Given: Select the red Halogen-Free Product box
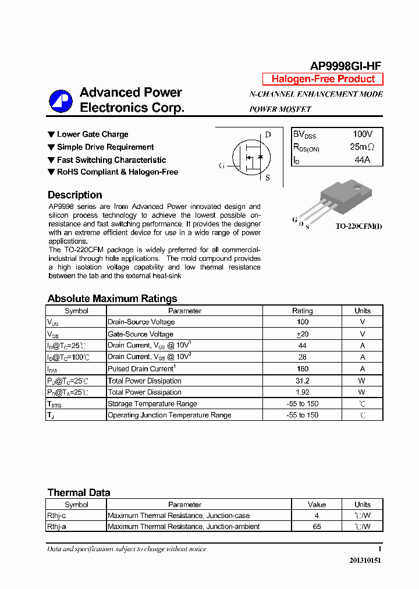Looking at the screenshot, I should coord(323,79).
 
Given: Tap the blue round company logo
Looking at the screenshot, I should coord(61,101).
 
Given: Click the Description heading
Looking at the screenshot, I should coord(74,195).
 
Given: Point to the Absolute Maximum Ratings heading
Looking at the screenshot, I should coord(112,299).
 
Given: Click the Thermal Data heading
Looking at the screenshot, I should coord(79,492).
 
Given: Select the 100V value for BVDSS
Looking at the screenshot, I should coord(363,134).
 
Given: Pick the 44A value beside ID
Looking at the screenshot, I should coord(362,159).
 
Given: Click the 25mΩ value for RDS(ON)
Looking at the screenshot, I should coord(362,147).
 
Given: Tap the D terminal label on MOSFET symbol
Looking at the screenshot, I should coord(268,134).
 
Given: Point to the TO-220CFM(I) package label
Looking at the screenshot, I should coord(359,226).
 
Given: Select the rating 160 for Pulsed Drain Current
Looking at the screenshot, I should coord(302,368).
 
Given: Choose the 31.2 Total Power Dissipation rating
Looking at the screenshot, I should coord(302,381).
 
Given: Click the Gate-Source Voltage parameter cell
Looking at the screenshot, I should coord(140,334).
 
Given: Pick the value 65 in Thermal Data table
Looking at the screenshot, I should coord(317,526).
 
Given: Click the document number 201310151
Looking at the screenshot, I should coord(365,560).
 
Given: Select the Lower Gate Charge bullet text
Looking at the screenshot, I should coord(92,134).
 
